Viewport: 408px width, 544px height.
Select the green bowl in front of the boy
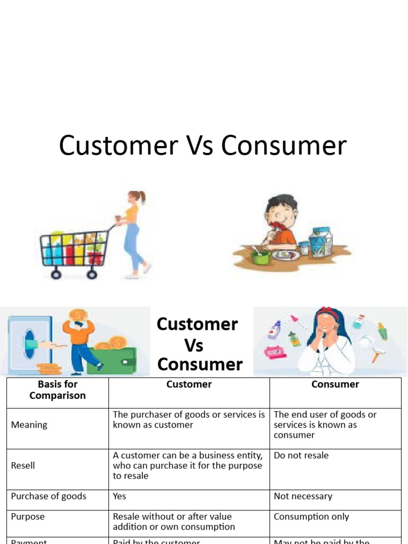(x=260, y=257)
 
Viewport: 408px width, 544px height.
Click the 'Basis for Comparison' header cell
(x=57, y=389)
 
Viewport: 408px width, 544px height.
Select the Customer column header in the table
(x=189, y=384)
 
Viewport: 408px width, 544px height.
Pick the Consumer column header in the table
(x=335, y=384)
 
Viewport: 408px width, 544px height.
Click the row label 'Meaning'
(x=29, y=424)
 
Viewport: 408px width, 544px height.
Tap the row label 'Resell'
(x=23, y=465)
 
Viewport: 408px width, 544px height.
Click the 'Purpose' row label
(x=28, y=516)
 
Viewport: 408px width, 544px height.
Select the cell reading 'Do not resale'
(x=301, y=455)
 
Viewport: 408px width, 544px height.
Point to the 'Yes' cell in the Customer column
(x=120, y=496)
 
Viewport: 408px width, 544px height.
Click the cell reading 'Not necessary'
(x=303, y=496)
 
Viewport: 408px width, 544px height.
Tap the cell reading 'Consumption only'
(x=311, y=516)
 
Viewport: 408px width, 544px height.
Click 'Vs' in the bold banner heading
(x=193, y=345)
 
